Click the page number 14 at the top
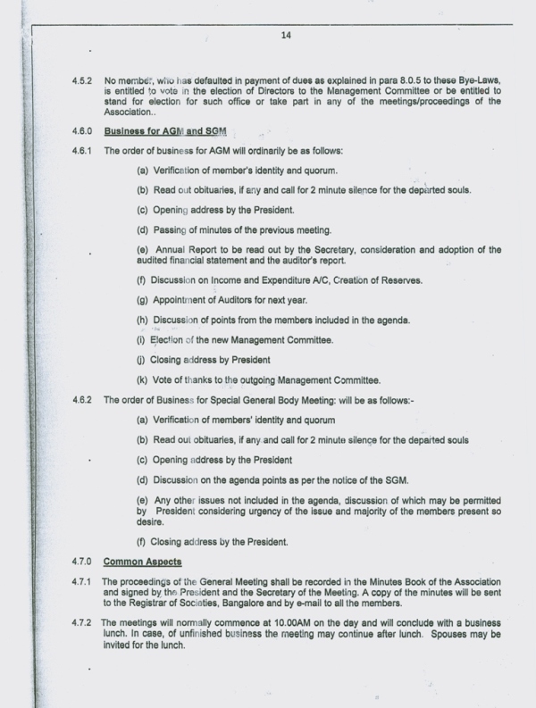[x=286, y=36]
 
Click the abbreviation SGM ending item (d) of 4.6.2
[x=396, y=481]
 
